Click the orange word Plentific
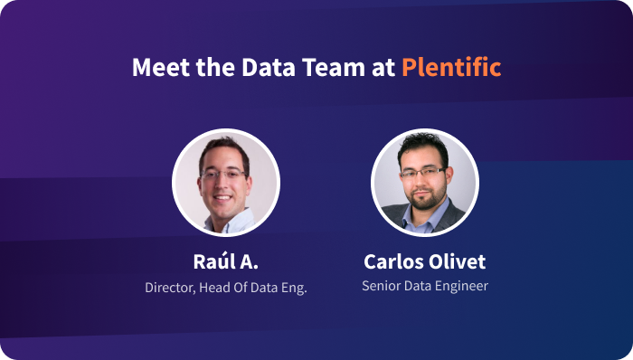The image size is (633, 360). point(451,68)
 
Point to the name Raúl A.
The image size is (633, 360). point(225,262)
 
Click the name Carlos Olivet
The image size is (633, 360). point(424,262)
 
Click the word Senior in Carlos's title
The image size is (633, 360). point(381,286)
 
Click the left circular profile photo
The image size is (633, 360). point(225,183)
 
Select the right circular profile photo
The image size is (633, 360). point(424,183)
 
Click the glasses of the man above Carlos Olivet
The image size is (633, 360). point(423,170)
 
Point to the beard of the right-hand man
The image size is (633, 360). point(423,196)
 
